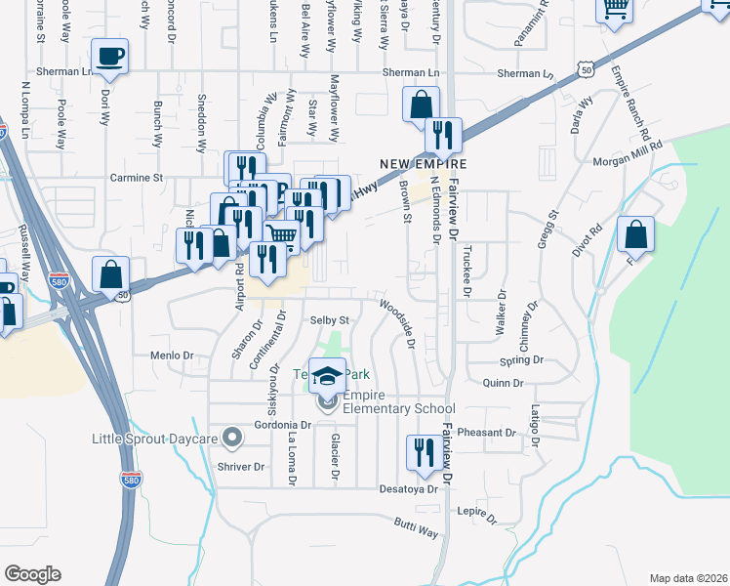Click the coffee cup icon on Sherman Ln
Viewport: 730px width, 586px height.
click(x=110, y=57)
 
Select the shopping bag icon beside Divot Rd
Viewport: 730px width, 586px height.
click(x=635, y=234)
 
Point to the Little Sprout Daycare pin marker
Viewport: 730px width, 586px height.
click(x=232, y=436)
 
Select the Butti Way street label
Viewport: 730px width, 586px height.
click(x=417, y=529)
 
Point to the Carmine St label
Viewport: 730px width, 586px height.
click(x=136, y=178)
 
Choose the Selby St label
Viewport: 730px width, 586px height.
click(x=329, y=320)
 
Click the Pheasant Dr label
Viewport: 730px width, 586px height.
click(x=492, y=432)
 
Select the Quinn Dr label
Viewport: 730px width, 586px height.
click(x=503, y=384)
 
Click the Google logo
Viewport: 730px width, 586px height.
click(x=33, y=573)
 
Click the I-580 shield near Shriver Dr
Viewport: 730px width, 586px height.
click(x=131, y=480)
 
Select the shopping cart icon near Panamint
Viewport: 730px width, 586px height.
click(x=615, y=9)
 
